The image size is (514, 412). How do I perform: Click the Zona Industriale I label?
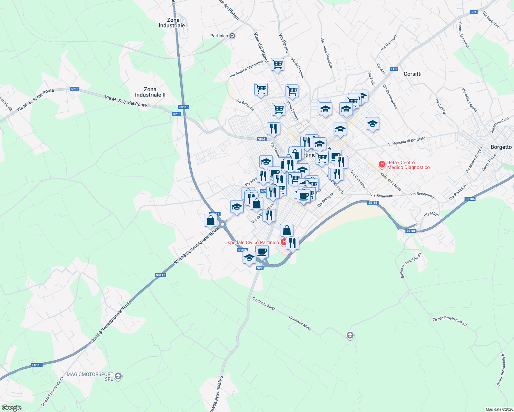(x=173, y=23)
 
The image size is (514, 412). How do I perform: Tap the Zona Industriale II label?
(x=150, y=92)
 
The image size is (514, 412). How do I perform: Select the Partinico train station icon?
(x=233, y=36)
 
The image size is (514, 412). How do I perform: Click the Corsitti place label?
(x=412, y=74)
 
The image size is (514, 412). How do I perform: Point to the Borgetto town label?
(x=501, y=147)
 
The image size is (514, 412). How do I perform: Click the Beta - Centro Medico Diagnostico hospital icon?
(x=382, y=164)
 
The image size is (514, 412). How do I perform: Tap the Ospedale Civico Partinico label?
(x=252, y=242)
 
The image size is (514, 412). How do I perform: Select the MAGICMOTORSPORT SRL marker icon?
(x=118, y=377)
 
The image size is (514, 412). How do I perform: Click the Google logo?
(x=11, y=408)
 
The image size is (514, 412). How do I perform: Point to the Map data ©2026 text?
(x=499, y=409)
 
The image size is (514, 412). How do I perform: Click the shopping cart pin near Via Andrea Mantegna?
(x=277, y=64)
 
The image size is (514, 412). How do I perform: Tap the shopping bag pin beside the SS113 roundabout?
(x=210, y=220)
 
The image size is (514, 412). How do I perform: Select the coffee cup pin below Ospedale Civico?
(x=262, y=252)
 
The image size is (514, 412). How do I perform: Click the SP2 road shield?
(x=260, y=268)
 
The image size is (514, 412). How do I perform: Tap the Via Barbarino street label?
(x=491, y=20)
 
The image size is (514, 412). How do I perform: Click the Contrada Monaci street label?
(x=464, y=36)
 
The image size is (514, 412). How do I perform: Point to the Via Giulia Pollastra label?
(x=326, y=53)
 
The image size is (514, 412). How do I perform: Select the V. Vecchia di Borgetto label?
(x=407, y=141)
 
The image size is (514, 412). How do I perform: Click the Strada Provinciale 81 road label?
(x=53, y=392)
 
